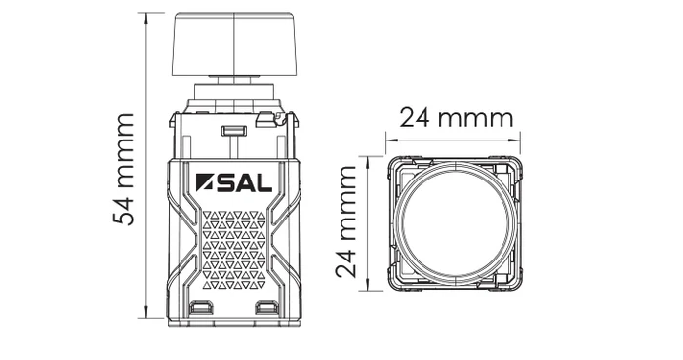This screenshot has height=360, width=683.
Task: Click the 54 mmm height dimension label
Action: [x=124, y=169]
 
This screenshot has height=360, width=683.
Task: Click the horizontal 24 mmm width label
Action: [x=456, y=119]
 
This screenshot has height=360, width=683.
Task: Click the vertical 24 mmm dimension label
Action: [x=347, y=221]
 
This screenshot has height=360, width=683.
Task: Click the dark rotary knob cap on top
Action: [x=234, y=44]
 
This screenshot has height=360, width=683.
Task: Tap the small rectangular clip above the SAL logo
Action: [x=233, y=130]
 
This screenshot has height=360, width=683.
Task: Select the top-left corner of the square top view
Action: [x=390, y=160]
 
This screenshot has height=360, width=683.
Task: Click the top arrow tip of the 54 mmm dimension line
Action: [x=146, y=14]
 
